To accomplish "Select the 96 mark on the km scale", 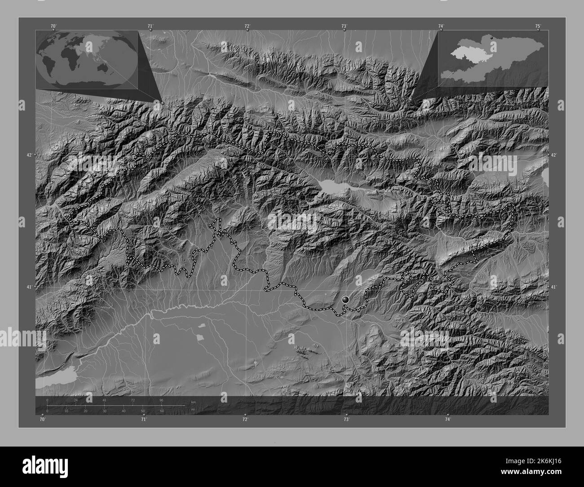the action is tap(161, 400).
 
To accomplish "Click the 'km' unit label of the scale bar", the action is tap(194, 402).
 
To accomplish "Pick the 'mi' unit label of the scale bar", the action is tap(193, 409).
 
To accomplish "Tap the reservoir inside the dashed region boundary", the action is tap(331, 185).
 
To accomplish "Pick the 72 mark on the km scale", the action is tap(133, 400).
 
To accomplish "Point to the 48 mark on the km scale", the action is tap(104, 400).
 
